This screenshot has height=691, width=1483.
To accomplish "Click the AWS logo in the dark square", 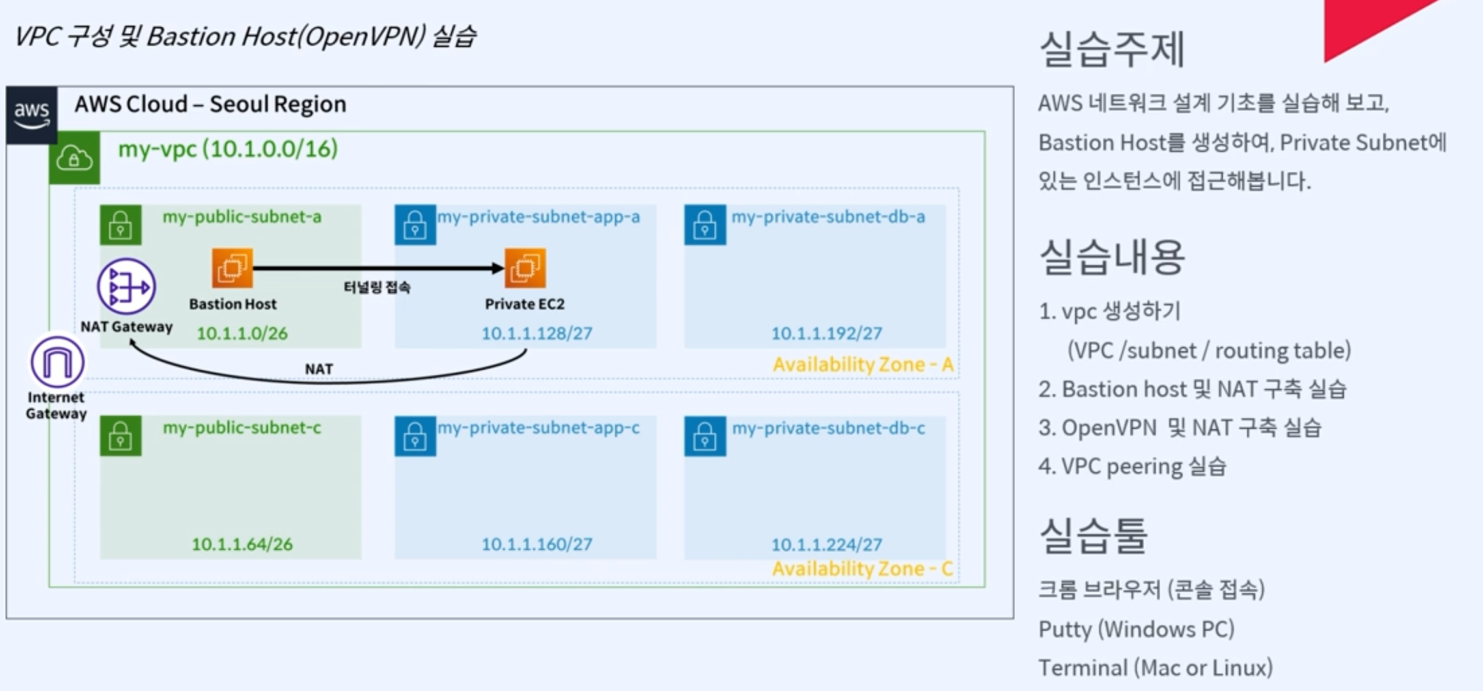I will (31, 114).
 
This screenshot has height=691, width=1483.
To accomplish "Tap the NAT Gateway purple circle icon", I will (126, 286).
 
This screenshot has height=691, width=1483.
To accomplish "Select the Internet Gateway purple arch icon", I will (57, 362).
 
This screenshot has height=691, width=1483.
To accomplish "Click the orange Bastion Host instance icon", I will (232, 267).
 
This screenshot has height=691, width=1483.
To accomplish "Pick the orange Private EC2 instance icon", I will (525, 267).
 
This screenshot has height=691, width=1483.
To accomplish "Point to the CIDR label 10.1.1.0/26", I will (242, 333).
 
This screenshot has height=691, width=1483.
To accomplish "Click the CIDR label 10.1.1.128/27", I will (536, 333).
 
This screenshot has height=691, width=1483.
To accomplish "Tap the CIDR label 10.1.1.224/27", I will (826, 544).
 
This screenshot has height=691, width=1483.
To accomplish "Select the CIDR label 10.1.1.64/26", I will (242, 544).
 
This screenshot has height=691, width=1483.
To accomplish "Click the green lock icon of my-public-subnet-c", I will (120, 435).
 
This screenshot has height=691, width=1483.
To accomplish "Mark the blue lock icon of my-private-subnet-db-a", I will (704, 224).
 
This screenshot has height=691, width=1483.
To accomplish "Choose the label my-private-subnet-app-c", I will (538, 427).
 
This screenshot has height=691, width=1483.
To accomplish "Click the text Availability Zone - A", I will (863, 364).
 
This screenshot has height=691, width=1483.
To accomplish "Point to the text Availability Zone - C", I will (862, 569).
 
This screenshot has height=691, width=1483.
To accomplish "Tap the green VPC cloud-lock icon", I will (74, 158).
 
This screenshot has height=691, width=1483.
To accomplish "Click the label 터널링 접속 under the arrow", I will (377, 287).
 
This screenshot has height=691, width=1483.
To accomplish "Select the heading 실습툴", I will (1093, 536).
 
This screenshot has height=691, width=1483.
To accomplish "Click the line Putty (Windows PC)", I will (1136, 629).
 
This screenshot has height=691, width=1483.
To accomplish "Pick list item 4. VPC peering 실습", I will (1132, 466).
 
